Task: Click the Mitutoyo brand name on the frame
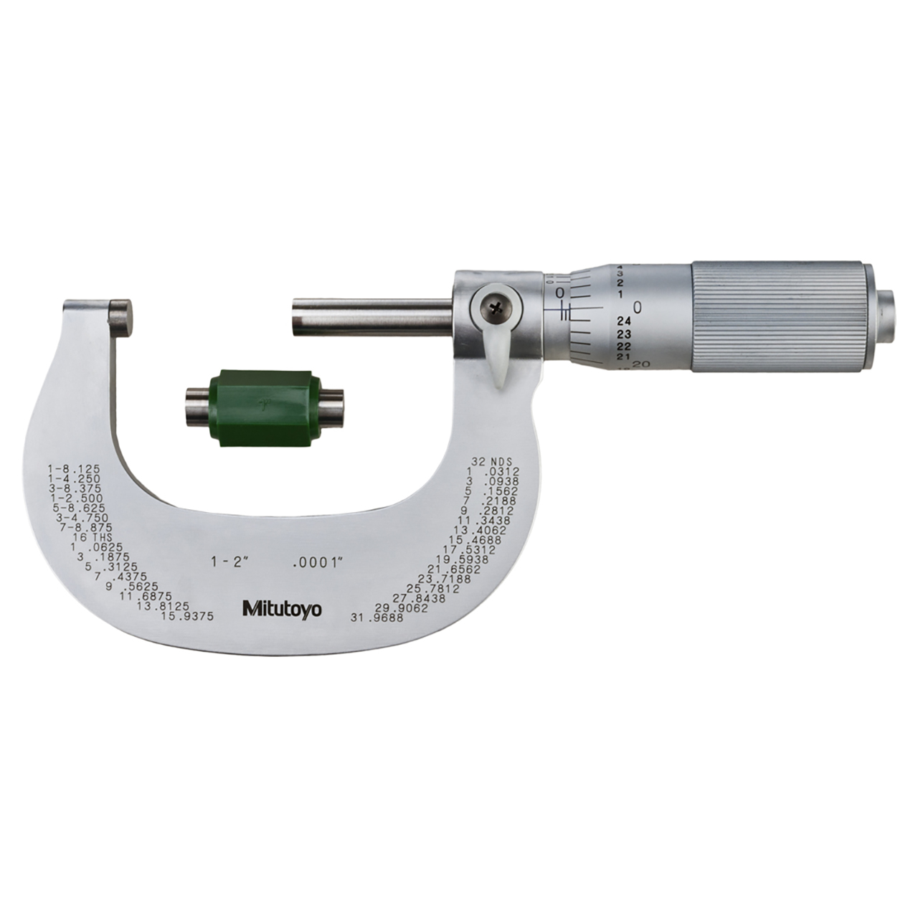(x=281, y=610)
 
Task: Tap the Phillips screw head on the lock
(x=494, y=308)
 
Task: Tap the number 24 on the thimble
(x=623, y=321)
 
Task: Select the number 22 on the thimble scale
(x=623, y=346)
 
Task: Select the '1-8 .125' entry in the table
(x=74, y=468)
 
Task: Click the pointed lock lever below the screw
(x=501, y=359)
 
